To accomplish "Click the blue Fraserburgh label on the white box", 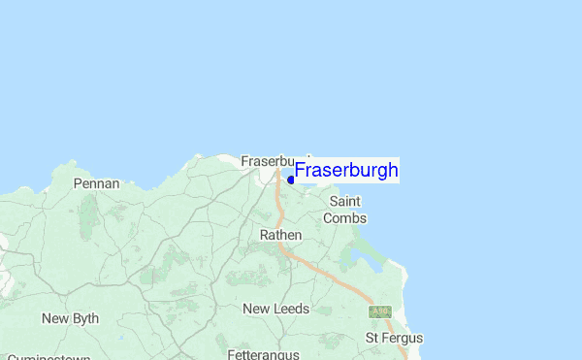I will coord(346,171).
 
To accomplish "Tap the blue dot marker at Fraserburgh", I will coord(291,180).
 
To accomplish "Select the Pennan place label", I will coord(97,183).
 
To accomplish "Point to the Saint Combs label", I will coord(344,210).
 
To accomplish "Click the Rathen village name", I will coord(280,235).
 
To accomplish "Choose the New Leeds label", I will coord(275,309).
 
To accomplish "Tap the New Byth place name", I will coord(70,318).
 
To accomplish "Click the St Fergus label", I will coord(393,338).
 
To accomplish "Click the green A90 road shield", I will coord(379,311).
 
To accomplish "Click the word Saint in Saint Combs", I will coord(344,201).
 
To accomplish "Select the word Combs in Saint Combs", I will coord(344,218).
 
